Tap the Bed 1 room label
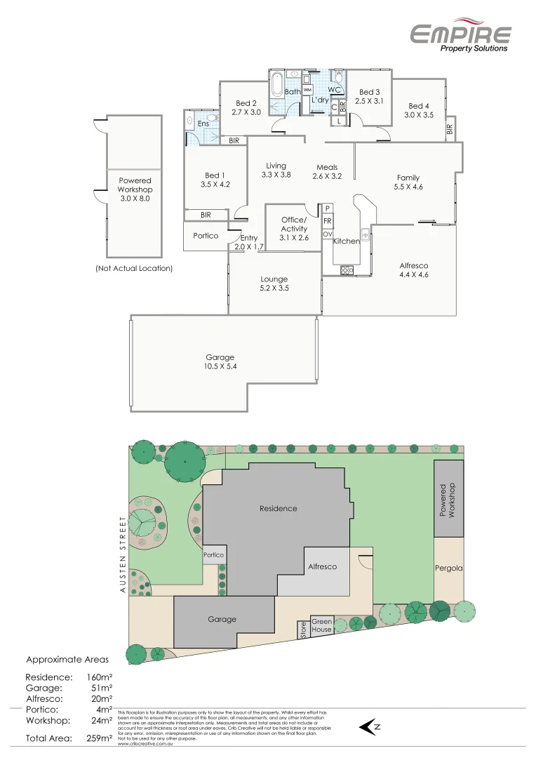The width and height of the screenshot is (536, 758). (215, 175)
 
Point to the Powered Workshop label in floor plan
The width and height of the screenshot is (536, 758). (135, 189)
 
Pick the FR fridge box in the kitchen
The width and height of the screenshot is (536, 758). (328, 221)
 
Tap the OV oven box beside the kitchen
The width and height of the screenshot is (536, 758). (328, 234)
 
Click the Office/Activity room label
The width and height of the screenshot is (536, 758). (294, 224)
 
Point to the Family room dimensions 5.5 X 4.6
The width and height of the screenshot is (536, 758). (409, 187)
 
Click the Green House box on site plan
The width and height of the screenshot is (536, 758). (322, 625)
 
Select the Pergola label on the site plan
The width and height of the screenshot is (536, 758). (448, 568)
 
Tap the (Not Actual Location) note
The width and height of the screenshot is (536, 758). (134, 268)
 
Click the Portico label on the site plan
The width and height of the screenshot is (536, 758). (213, 554)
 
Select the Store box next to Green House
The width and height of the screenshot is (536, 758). (303, 630)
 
